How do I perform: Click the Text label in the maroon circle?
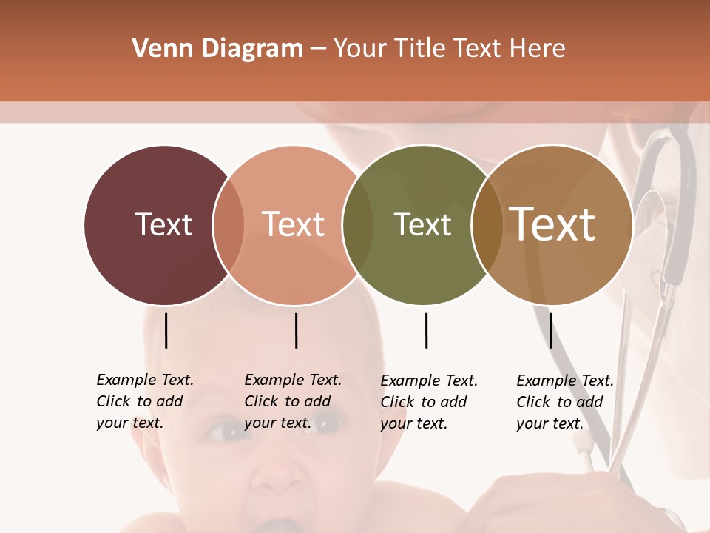(x=163, y=224)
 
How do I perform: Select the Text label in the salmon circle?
(x=294, y=224)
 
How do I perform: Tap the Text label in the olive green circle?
(x=422, y=224)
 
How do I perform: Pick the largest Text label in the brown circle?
(x=552, y=224)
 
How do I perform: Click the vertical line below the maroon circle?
(x=166, y=330)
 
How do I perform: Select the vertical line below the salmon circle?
(x=296, y=330)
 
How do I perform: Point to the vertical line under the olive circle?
(x=426, y=330)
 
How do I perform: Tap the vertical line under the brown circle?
(x=550, y=330)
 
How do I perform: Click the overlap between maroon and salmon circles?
(x=229, y=225)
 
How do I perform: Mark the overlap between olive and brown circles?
(x=487, y=225)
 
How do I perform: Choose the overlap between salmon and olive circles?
(x=358, y=225)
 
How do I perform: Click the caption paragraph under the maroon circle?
(x=144, y=401)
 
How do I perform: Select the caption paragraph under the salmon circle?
(x=292, y=401)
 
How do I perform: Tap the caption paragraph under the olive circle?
(x=428, y=402)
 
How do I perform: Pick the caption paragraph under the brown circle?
(x=564, y=402)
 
